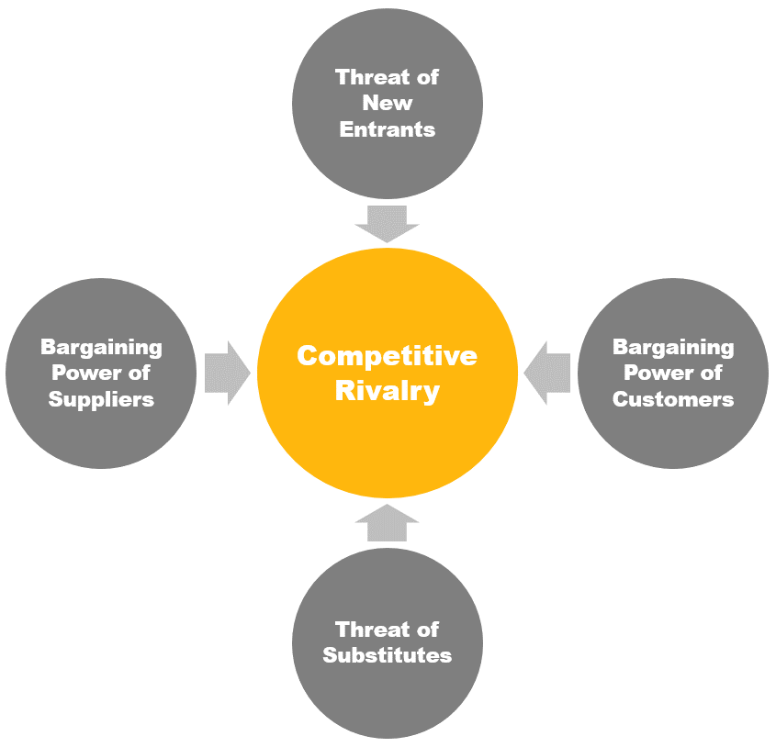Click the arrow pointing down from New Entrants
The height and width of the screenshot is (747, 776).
pyautogui.click(x=387, y=224)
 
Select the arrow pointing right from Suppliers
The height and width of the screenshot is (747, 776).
pyautogui.click(x=227, y=373)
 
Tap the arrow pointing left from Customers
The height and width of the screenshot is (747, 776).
pyautogui.click(x=547, y=373)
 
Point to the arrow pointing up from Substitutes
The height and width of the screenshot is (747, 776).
pyautogui.click(x=387, y=522)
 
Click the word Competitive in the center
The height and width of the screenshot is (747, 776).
pyautogui.click(x=387, y=355)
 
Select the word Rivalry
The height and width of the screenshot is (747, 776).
pyautogui.click(x=387, y=390)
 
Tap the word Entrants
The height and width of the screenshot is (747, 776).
pyautogui.click(x=387, y=129)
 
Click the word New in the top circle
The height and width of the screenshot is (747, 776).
pyautogui.click(x=387, y=103)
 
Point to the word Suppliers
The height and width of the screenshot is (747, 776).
pyautogui.click(x=101, y=399)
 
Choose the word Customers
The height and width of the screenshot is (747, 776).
pyautogui.click(x=673, y=399)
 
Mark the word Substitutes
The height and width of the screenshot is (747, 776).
pyautogui.click(x=387, y=655)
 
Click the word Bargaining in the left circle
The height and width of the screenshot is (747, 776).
pyautogui.click(x=101, y=347)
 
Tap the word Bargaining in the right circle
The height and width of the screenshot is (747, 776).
pyautogui.click(x=673, y=347)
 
